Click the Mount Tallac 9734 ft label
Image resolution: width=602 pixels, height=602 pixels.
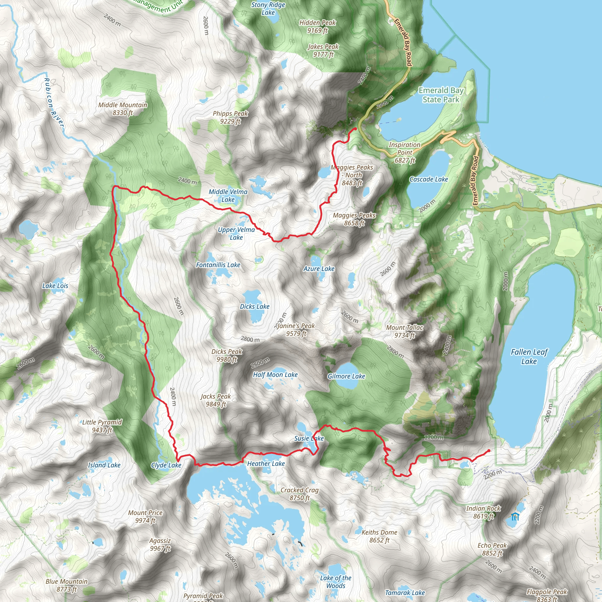[404, 331]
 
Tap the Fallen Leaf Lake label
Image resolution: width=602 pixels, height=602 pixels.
[529, 357]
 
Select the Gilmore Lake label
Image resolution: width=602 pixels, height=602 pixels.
[346, 376]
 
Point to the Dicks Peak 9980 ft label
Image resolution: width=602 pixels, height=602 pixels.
[227, 355]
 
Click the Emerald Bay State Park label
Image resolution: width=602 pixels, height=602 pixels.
[441, 95]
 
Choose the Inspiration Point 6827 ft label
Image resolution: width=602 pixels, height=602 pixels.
[404, 152]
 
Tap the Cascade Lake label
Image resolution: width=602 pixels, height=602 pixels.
[429, 179]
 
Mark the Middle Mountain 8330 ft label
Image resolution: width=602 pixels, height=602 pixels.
[123, 109]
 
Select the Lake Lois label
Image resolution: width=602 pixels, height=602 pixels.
[55, 286]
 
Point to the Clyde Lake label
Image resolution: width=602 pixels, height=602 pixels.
[166, 465]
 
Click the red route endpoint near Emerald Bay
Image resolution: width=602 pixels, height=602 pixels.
[355, 129]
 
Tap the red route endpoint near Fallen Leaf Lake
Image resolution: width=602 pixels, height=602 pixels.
[489, 451]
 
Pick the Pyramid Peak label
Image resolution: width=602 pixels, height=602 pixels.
[203, 596]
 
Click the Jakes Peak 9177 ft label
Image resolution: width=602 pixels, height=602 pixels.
[323, 51]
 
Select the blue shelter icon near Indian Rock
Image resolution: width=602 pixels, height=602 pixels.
[515, 517]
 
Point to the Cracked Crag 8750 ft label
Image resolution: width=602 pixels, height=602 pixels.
[300, 494]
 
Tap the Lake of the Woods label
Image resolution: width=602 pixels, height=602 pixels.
[336, 582]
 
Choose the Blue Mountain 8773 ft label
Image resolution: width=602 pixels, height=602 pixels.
[67, 585]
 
